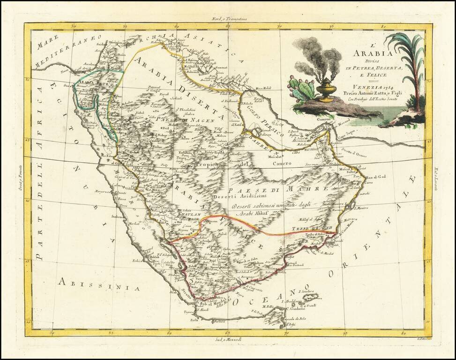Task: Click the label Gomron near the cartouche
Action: [x=329, y=120]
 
